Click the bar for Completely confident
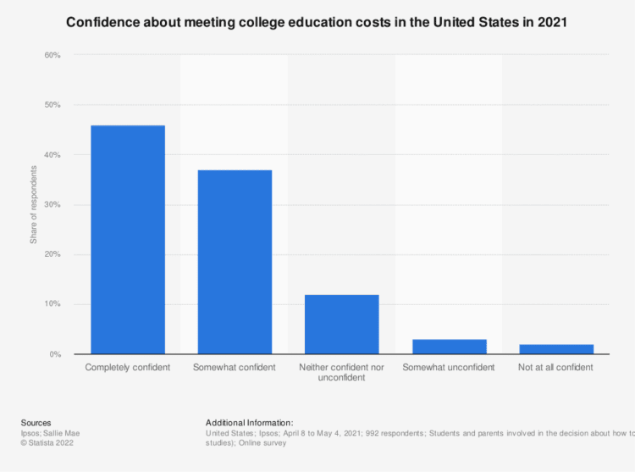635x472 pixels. tap(128, 240)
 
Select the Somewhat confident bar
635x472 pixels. tap(235, 262)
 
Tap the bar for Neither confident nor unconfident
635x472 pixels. tap(341, 325)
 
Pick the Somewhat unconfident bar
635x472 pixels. tap(449, 347)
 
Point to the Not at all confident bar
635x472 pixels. tap(555, 349)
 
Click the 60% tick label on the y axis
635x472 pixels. tap(52, 56)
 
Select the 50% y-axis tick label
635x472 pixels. tap(52, 105)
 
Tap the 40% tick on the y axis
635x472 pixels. tap(52, 155)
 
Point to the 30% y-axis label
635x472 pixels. tap(52, 205)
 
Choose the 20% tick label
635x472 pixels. tap(52, 254)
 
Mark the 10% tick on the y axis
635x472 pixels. tap(52, 304)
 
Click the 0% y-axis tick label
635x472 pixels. tap(54, 354)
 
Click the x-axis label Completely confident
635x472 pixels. tap(128, 368)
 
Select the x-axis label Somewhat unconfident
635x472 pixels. tap(449, 368)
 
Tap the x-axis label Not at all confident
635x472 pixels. tap(555, 368)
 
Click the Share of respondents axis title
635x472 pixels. tap(34, 205)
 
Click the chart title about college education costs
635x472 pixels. tap(317, 23)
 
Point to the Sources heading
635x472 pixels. tap(36, 422)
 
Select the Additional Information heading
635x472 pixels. tap(250, 422)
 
